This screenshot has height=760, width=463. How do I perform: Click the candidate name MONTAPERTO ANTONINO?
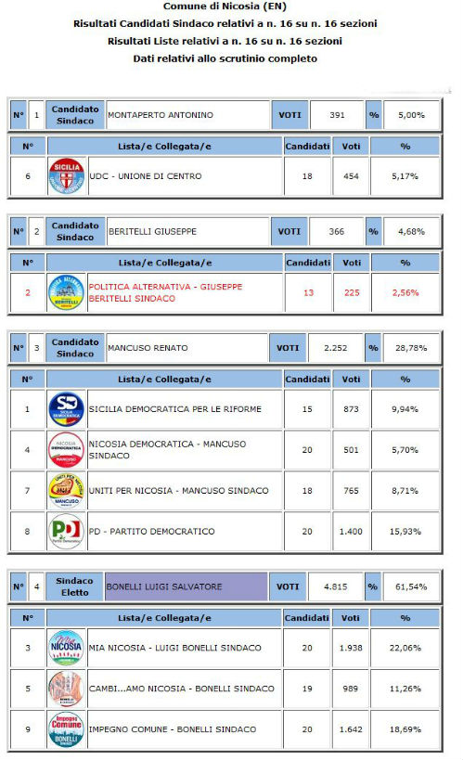(x=161, y=115)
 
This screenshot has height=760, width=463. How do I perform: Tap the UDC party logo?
(x=66, y=176)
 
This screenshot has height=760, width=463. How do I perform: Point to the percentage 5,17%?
(x=405, y=176)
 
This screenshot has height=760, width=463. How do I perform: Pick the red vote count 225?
(x=351, y=292)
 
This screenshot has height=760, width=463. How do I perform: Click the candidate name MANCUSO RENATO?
(x=148, y=348)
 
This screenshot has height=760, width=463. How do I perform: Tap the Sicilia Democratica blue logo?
(x=66, y=409)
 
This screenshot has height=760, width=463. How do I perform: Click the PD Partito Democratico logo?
(x=66, y=532)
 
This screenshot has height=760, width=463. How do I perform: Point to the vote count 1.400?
(x=351, y=532)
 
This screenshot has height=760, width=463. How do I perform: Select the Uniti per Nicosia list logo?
(x=66, y=491)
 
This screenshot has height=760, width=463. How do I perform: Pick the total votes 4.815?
(x=332, y=586)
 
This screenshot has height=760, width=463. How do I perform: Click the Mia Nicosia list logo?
(x=66, y=648)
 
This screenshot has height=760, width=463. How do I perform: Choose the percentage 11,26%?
(x=405, y=689)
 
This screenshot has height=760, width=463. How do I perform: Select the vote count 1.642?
(x=351, y=729)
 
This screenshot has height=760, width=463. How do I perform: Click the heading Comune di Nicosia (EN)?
(x=231, y=7)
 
